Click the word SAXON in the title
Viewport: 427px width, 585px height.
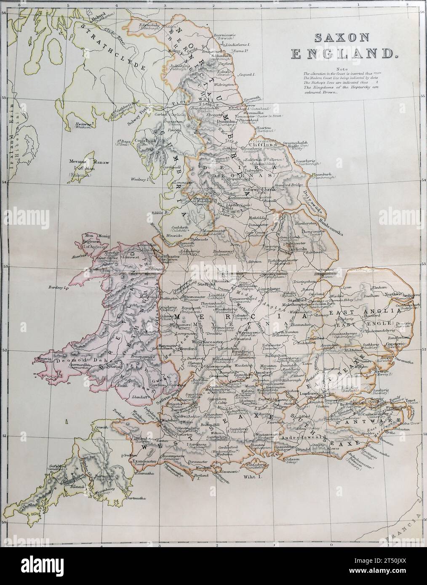point(342,38)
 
